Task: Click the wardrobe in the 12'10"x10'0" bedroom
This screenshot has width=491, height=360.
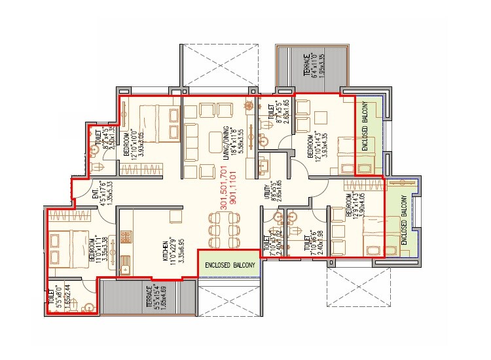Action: tap(175, 124)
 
